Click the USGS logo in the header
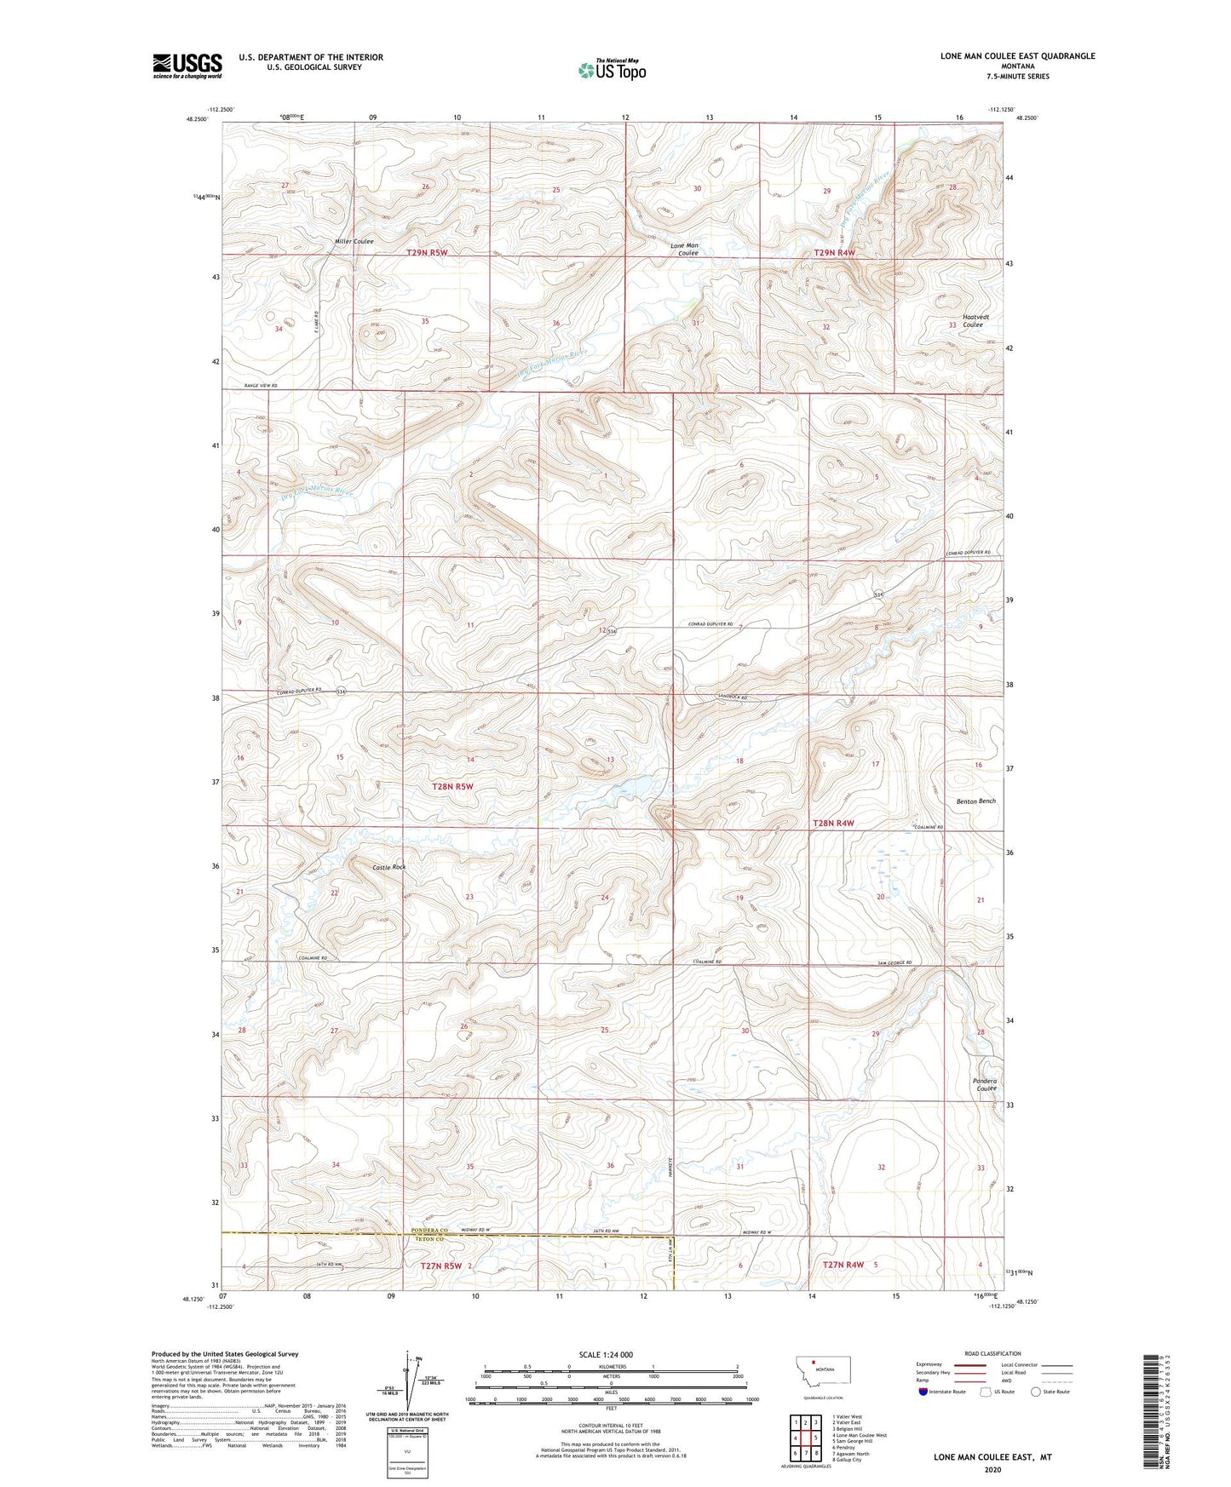pyautogui.click(x=187, y=66)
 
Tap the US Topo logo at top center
pyautogui.click(x=612, y=70)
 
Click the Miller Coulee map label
pyautogui.click(x=354, y=242)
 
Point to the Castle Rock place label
pyautogui.click(x=389, y=867)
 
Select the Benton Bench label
pyautogui.click(x=975, y=801)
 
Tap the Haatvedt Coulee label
pyautogui.click(x=972, y=320)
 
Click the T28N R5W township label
pyautogui.click(x=452, y=787)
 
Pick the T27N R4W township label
pyautogui.click(x=843, y=1265)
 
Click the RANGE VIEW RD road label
pyautogui.click(x=261, y=386)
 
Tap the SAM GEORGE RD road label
pyautogui.click(x=894, y=963)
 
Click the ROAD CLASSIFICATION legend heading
pyautogui.click(x=992, y=1353)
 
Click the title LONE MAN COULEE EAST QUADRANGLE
pyautogui.click(x=1017, y=56)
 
